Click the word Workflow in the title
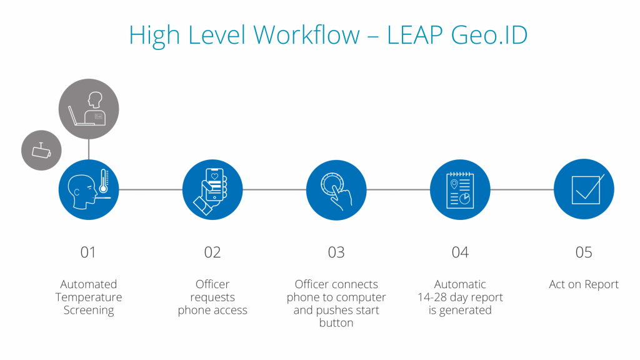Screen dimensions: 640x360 pyautogui.click(x=306, y=35)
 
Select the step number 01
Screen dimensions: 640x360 pyautogui.click(x=88, y=252)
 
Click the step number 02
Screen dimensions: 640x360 pyautogui.click(x=212, y=252)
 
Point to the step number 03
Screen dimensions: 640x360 pyautogui.click(x=336, y=252)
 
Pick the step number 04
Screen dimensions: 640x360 pyautogui.click(x=460, y=252)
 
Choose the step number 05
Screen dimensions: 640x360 pyautogui.click(x=584, y=252)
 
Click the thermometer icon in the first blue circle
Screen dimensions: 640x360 pyautogui.click(x=104, y=181)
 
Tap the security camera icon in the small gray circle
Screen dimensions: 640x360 pyautogui.click(x=41, y=151)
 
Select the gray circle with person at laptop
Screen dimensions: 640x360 pyautogui.click(x=89, y=109)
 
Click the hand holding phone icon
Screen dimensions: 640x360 pyautogui.click(x=211, y=191)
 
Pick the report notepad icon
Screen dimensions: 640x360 pyautogui.click(x=460, y=190)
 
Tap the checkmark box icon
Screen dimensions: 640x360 pyautogui.click(x=587, y=189)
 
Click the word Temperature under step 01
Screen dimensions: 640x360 pyautogui.click(x=89, y=297)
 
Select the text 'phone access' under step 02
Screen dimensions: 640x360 pyautogui.click(x=212, y=310)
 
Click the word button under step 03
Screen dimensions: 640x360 pyautogui.click(x=336, y=323)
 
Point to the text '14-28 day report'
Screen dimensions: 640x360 pyautogui.click(x=460, y=297)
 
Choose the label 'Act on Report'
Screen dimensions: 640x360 pyautogui.click(x=584, y=284)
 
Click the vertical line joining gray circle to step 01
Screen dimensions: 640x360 pyautogui.click(x=89, y=149)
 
